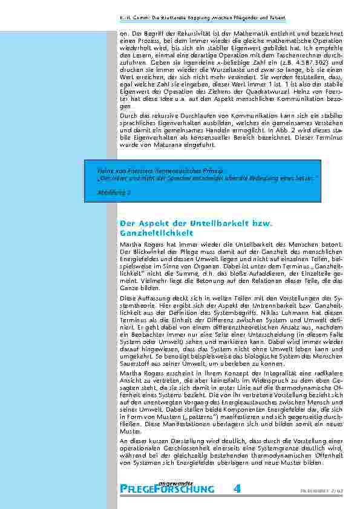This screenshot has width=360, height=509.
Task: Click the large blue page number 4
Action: click(x=238, y=488)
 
